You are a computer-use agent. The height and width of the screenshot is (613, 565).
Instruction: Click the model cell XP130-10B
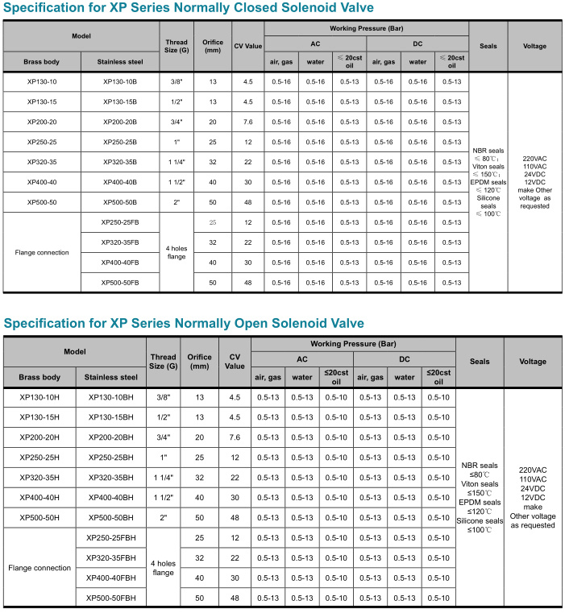[120, 82]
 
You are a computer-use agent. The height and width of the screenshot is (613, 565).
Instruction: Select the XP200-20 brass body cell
[41, 122]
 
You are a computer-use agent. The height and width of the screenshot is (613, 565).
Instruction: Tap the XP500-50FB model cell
[120, 282]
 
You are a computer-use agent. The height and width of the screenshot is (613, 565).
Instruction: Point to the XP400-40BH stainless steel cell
[111, 497]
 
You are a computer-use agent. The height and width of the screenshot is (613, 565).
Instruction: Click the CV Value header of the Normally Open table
[235, 361]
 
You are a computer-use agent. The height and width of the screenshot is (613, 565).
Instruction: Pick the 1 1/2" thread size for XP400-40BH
[164, 497]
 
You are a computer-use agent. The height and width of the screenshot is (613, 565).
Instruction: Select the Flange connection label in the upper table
[41, 252]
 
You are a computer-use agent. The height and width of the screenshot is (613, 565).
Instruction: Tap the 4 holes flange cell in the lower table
[164, 568]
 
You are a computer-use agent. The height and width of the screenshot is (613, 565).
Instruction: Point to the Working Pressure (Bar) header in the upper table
[366, 28]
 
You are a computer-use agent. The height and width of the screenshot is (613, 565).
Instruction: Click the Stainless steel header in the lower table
[111, 376]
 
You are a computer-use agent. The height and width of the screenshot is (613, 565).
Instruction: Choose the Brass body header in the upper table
[41, 61]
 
